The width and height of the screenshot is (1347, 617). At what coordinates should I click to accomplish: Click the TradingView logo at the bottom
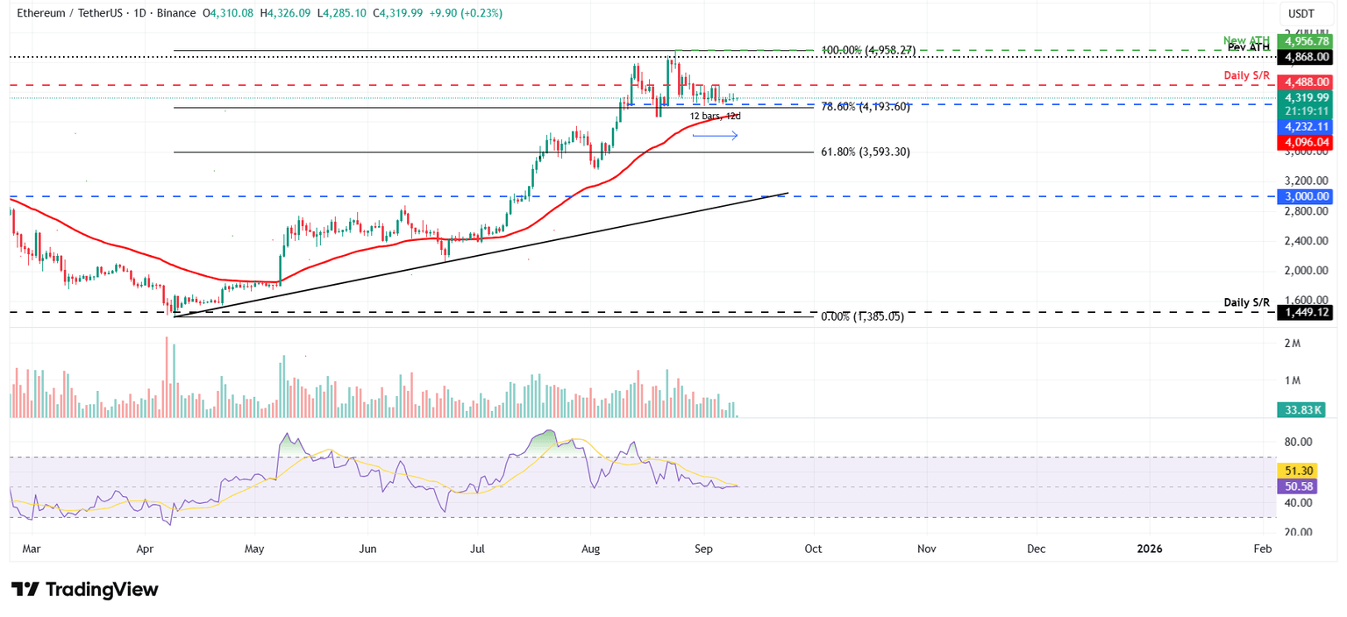[x=85, y=589]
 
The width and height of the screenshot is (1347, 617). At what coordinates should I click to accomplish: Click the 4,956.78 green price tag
[x=1306, y=41]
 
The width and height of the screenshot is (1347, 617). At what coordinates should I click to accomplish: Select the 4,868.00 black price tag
[x=1306, y=58]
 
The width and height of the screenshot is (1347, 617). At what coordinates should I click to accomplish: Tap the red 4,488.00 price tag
[x=1306, y=82]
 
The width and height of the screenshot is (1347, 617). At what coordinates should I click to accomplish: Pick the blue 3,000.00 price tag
[x=1306, y=197]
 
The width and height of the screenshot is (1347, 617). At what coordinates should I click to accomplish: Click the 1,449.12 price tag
[x=1306, y=313]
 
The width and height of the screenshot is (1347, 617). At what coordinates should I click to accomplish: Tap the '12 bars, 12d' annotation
[x=715, y=117]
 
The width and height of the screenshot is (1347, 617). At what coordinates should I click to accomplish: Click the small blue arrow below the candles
[x=715, y=135]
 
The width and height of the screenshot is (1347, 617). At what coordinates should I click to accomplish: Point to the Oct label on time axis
[x=813, y=549]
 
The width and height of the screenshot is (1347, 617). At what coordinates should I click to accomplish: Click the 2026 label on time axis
[x=1149, y=549]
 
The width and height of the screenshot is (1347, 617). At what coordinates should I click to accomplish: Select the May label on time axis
[x=255, y=549]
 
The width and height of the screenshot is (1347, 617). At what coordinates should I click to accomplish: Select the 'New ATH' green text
[x=1246, y=40]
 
